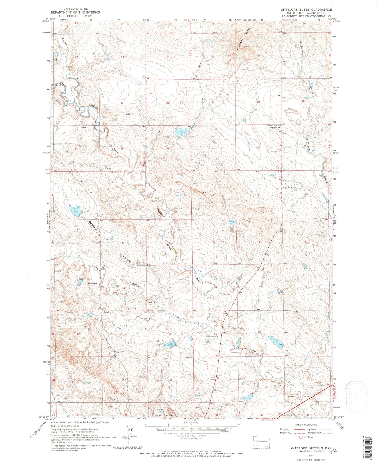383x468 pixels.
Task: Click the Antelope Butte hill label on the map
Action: (x=243, y=40)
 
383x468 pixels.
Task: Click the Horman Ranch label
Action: (x=211, y=337)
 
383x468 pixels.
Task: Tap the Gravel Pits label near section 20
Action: (x=236, y=328)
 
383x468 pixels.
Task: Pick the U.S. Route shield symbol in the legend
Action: (x=302, y=437)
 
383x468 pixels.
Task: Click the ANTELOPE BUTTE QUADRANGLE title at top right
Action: (x=306, y=10)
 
